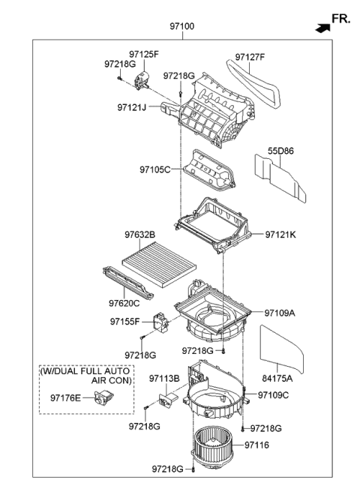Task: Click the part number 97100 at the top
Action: coord(181,26)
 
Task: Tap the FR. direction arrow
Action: coord(322,28)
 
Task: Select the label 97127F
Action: coord(250,56)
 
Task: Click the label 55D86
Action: coord(281,151)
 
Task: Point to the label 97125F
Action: coord(144,54)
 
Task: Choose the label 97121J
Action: coord(133,108)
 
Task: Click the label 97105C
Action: coord(154,169)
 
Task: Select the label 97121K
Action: coord(280,235)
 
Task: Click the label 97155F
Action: coord(127,321)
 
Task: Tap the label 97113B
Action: coord(163,379)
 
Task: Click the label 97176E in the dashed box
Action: coord(67,397)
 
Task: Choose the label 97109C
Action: coord(274,394)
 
